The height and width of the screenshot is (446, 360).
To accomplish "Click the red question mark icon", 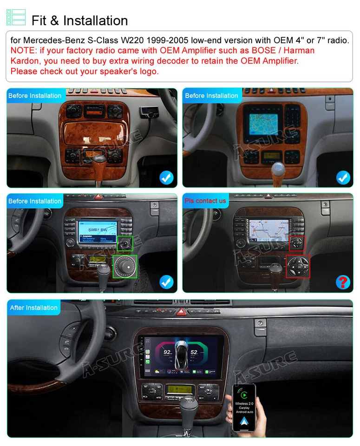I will (343, 282).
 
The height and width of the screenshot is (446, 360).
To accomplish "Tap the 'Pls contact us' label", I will (205, 201).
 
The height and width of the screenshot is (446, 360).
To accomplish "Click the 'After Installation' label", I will (34, 308).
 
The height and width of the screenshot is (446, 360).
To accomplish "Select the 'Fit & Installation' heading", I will (79, 20).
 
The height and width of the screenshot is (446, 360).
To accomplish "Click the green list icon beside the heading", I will (16, 17).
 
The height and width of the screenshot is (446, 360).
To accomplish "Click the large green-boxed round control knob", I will (125, 266).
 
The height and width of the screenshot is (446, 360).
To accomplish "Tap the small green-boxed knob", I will (124, 243).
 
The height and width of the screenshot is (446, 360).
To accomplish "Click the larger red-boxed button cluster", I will (298, 266).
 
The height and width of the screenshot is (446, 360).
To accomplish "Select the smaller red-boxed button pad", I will (297, 243).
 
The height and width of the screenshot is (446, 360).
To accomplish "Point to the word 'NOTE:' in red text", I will (23, 51).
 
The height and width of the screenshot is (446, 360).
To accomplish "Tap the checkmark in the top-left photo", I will (166, 177).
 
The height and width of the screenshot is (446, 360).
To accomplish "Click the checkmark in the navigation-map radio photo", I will (343, 177).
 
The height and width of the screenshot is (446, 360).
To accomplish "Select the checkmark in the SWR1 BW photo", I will (166, 282).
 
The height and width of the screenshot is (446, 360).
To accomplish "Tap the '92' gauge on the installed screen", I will (168, 353).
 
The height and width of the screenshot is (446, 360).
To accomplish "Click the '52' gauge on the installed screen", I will (194, 353).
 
